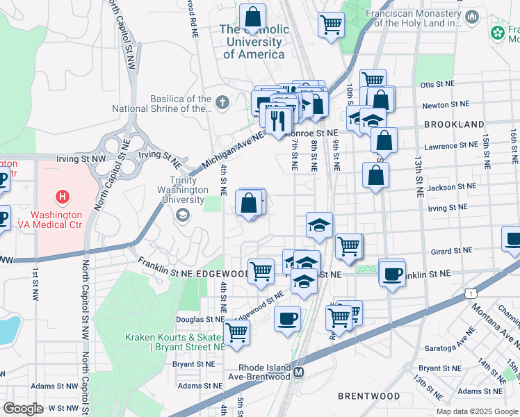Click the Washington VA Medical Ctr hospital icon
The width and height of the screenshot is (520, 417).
(63, 197)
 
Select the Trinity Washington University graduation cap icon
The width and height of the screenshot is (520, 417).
(182, 215)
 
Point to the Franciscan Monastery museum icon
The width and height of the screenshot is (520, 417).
(473, 16)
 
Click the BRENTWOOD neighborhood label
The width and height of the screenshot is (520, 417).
(368, 396)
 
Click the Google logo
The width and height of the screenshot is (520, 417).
(23, 409)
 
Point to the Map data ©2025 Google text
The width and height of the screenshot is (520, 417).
(476, 411)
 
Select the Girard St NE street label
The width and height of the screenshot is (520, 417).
(450, 250)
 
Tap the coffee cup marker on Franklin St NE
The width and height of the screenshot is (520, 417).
(392, 273)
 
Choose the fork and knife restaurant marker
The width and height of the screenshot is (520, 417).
(279, 120)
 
